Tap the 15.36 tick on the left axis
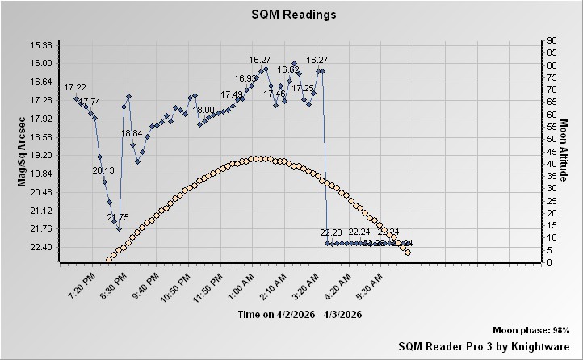(x=40, y=44)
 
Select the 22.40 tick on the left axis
(x=40, y=247)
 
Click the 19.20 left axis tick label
(x=40, y=155)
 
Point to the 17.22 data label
(x=75, y=87)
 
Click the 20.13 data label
(x=103, y=170)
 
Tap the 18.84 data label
(x=131, y=133)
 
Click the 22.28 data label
(x=331, y=232)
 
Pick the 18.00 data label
(x=203, y=110)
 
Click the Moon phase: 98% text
(x=531, y=331)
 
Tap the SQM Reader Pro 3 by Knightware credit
(x=484, y=345)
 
